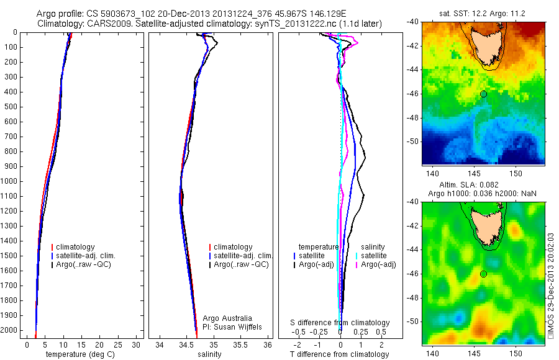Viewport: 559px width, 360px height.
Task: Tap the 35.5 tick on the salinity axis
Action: [242, 344]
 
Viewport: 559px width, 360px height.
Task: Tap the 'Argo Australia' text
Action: [228, 318]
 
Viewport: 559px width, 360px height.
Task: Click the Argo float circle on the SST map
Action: [483, 94]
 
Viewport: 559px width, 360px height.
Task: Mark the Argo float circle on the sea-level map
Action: [483, 274]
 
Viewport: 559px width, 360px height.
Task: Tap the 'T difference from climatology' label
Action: [339, 354]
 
